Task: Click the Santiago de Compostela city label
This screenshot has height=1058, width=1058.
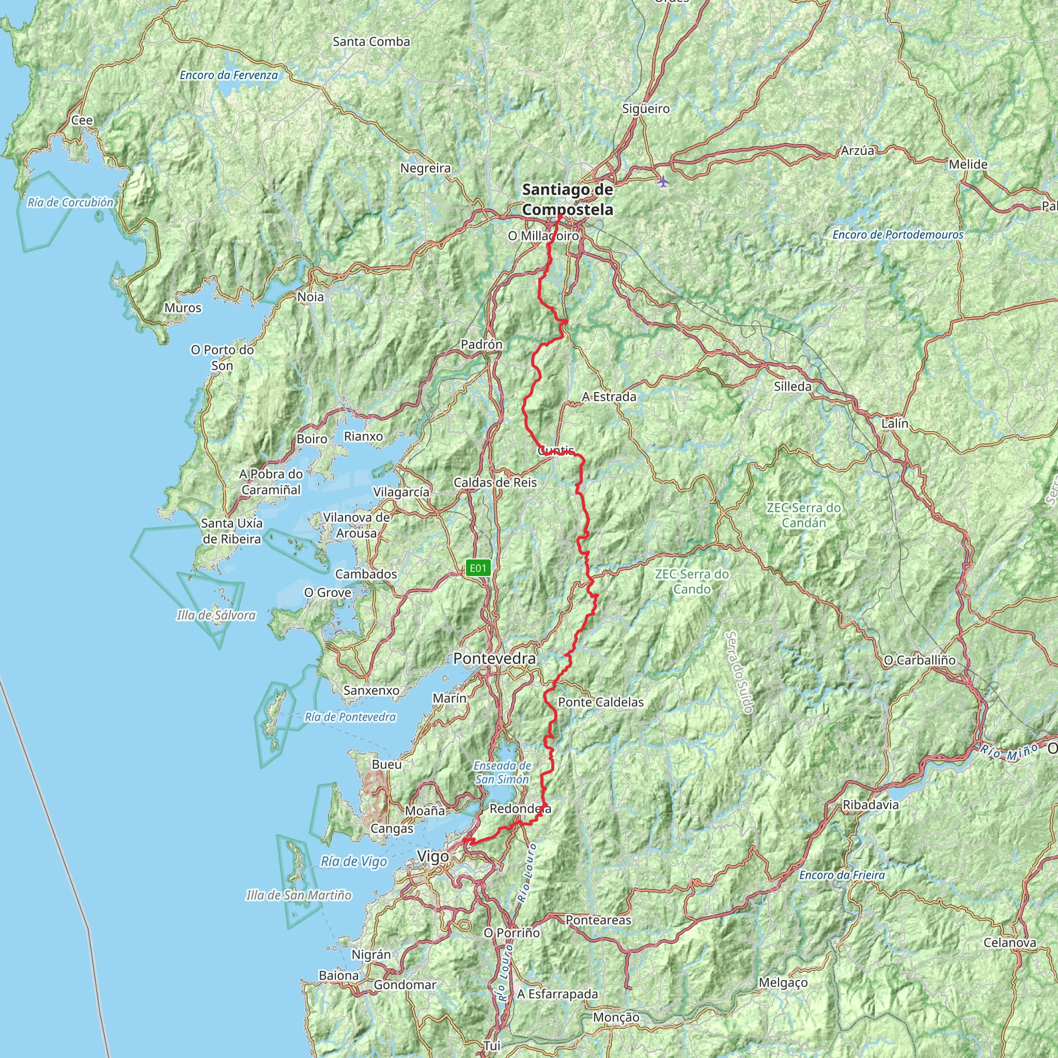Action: tap(567, 200)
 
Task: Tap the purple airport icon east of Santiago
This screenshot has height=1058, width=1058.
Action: tap(663, 181)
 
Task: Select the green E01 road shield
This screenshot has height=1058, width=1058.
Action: tap(477, 568)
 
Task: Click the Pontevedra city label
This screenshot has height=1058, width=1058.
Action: tap(494, 659)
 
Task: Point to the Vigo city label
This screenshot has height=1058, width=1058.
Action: tap(432, 857)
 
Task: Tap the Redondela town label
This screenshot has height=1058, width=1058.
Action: tap(520, 809)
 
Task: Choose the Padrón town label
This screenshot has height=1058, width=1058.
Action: tap(481, 345)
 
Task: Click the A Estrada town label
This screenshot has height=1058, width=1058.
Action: tap(609, 396)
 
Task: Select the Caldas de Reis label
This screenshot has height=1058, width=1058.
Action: tap(495, 483)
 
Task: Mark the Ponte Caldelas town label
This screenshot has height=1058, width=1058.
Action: tap(601, 702)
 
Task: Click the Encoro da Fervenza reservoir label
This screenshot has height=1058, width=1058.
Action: tap(229, 75)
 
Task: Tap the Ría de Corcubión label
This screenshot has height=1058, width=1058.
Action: tap(71, 203)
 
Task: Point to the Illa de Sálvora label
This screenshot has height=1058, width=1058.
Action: tap(216, 615)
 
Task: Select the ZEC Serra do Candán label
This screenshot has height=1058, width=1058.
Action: tap(803, 515)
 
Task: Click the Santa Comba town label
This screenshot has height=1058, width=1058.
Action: tap(371, 42)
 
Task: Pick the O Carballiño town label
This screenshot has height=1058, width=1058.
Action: tap(920, 660)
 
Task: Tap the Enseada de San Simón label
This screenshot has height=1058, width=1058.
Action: tap(502, 772)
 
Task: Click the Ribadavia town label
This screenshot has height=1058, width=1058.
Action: tap(870, 805)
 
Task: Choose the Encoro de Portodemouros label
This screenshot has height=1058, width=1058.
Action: tap(897, 235)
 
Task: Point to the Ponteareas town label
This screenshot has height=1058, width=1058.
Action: tap(598, 921)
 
